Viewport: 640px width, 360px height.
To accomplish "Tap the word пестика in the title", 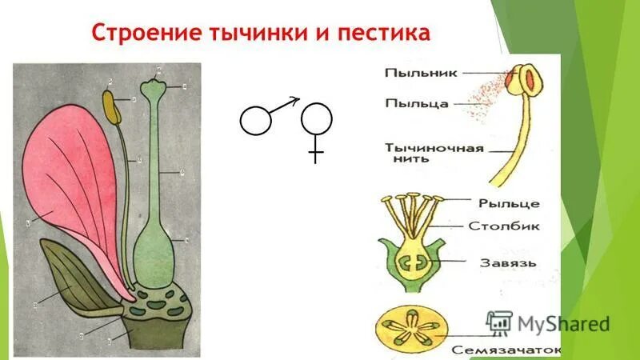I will click(x=387, y=33).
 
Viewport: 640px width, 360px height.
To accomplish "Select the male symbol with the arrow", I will click(x=264, y=118).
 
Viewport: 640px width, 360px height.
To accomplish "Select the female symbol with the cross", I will click(x=317, y=128).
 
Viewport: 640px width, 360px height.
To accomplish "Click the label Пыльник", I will click(x=421, y=73).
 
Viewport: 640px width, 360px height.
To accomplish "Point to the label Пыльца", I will click(x=416, y=102).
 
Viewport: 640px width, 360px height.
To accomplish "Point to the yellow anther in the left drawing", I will click(x=113, y=108).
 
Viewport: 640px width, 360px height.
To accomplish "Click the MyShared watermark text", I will click(x=563, y=324).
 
